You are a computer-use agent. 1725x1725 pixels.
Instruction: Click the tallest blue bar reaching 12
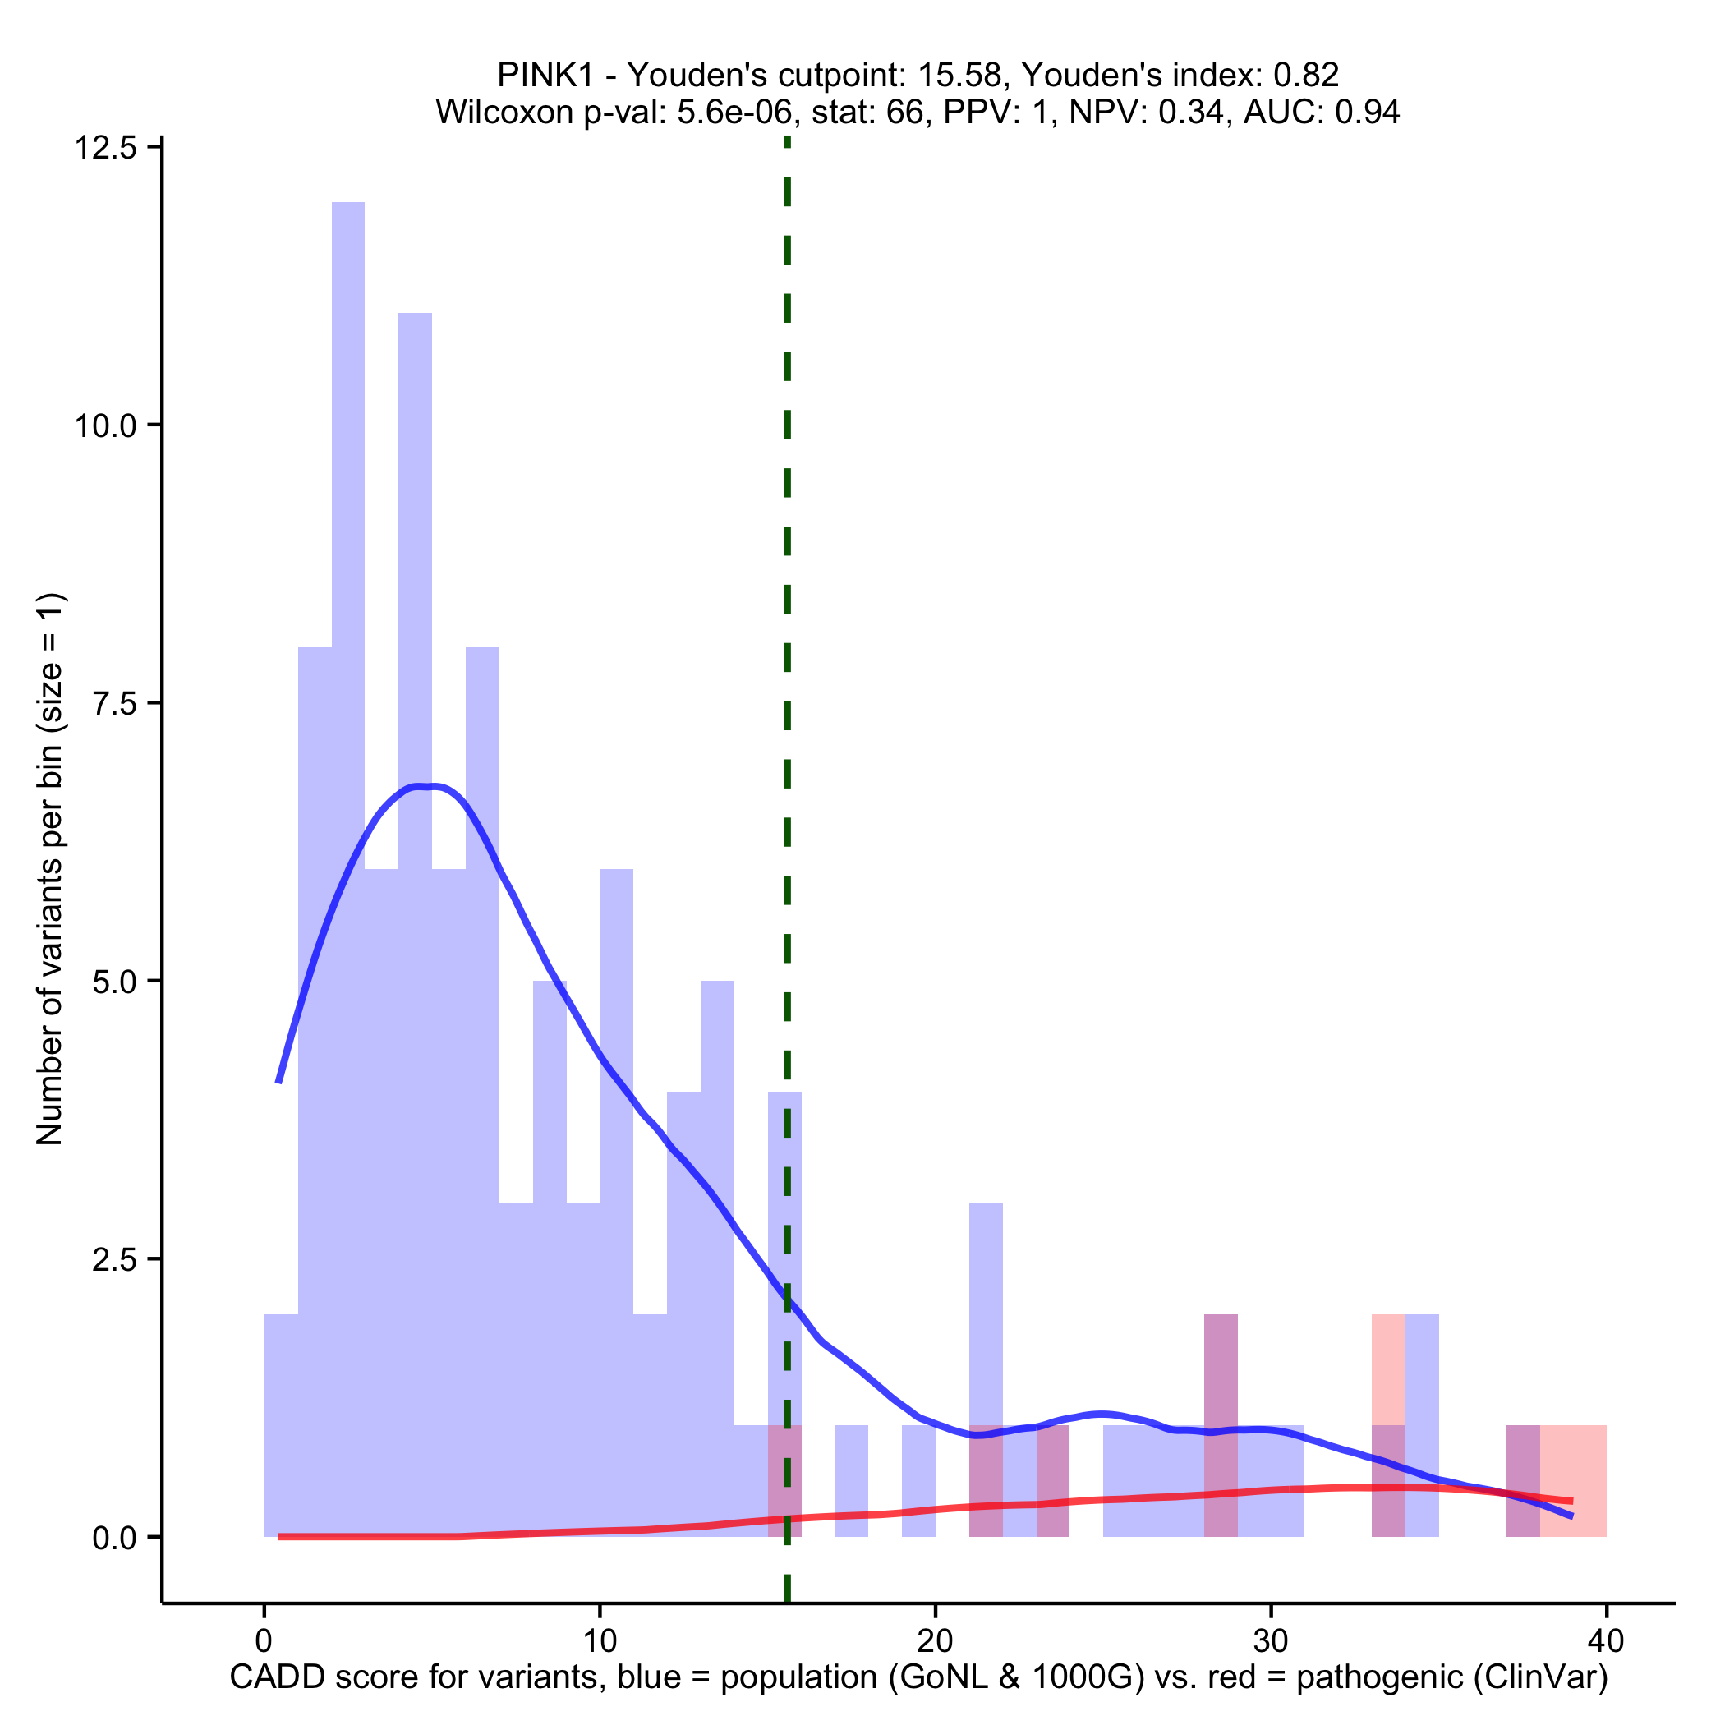348,625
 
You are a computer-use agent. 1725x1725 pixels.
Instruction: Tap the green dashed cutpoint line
787,625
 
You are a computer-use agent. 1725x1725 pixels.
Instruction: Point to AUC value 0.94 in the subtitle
1367,112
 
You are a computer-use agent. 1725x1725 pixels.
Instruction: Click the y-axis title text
50,868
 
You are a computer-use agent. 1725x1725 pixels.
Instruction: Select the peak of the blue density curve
424,787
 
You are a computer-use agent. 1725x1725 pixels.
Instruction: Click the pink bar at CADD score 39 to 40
1589,1482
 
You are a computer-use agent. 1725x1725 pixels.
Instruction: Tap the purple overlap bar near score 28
1221,1428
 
